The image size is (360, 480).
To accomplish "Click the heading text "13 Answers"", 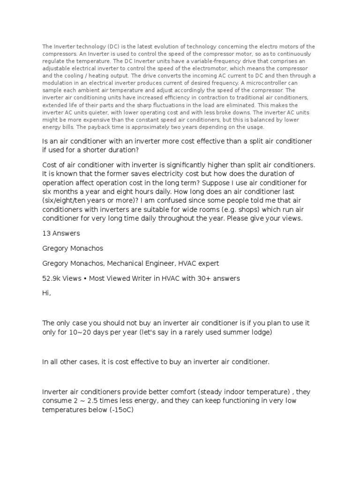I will click(x=61, y=233).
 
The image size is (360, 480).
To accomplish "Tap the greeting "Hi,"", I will click(x=47, y=293).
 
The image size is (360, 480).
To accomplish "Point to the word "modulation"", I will click(x=57, y=83).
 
